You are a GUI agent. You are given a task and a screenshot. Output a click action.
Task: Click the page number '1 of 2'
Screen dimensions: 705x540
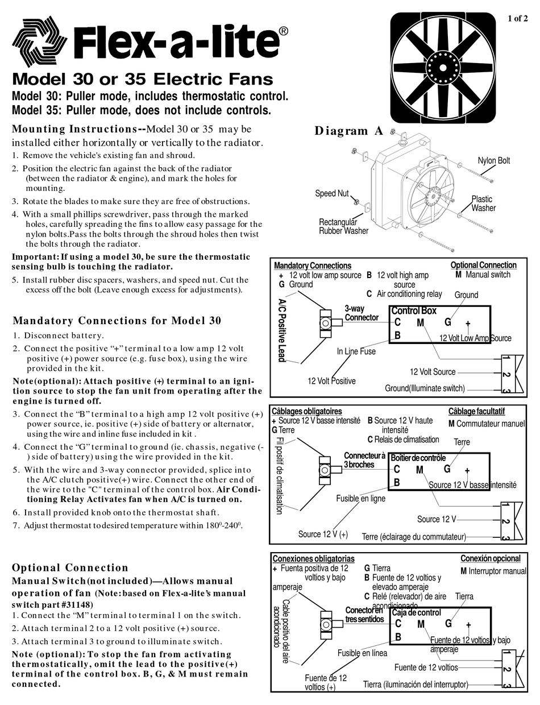coord(521,19)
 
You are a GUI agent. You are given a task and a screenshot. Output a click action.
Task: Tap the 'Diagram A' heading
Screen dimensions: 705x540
coord(349,131)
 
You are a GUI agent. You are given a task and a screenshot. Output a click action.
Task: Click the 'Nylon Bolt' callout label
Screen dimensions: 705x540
coord(493,161)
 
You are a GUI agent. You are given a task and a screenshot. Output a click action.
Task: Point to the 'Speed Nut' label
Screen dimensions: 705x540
coord(332,194)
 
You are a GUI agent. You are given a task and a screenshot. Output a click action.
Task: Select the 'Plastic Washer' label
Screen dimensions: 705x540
coord(483,204)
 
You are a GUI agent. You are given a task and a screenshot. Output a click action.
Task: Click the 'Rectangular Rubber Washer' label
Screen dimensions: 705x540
coord(343,226)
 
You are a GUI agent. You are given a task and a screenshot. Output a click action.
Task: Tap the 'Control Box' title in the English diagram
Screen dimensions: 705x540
coord(413,311)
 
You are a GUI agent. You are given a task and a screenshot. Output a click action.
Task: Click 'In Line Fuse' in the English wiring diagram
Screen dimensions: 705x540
coord(356,351)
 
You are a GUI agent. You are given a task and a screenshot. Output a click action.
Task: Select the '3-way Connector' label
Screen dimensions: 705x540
coord(361,313)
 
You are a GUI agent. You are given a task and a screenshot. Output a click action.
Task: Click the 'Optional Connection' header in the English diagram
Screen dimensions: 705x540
coord(483,265)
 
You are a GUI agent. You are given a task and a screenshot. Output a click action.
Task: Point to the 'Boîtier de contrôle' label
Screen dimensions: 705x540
coord(418,458)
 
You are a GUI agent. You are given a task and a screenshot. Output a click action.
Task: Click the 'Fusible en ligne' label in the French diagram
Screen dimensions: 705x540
coord(360,498)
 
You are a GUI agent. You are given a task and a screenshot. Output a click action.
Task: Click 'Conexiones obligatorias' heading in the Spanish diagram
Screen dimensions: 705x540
coord(313,559)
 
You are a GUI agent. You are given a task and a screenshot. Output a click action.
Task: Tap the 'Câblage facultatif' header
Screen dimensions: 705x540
coord(476,412)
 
